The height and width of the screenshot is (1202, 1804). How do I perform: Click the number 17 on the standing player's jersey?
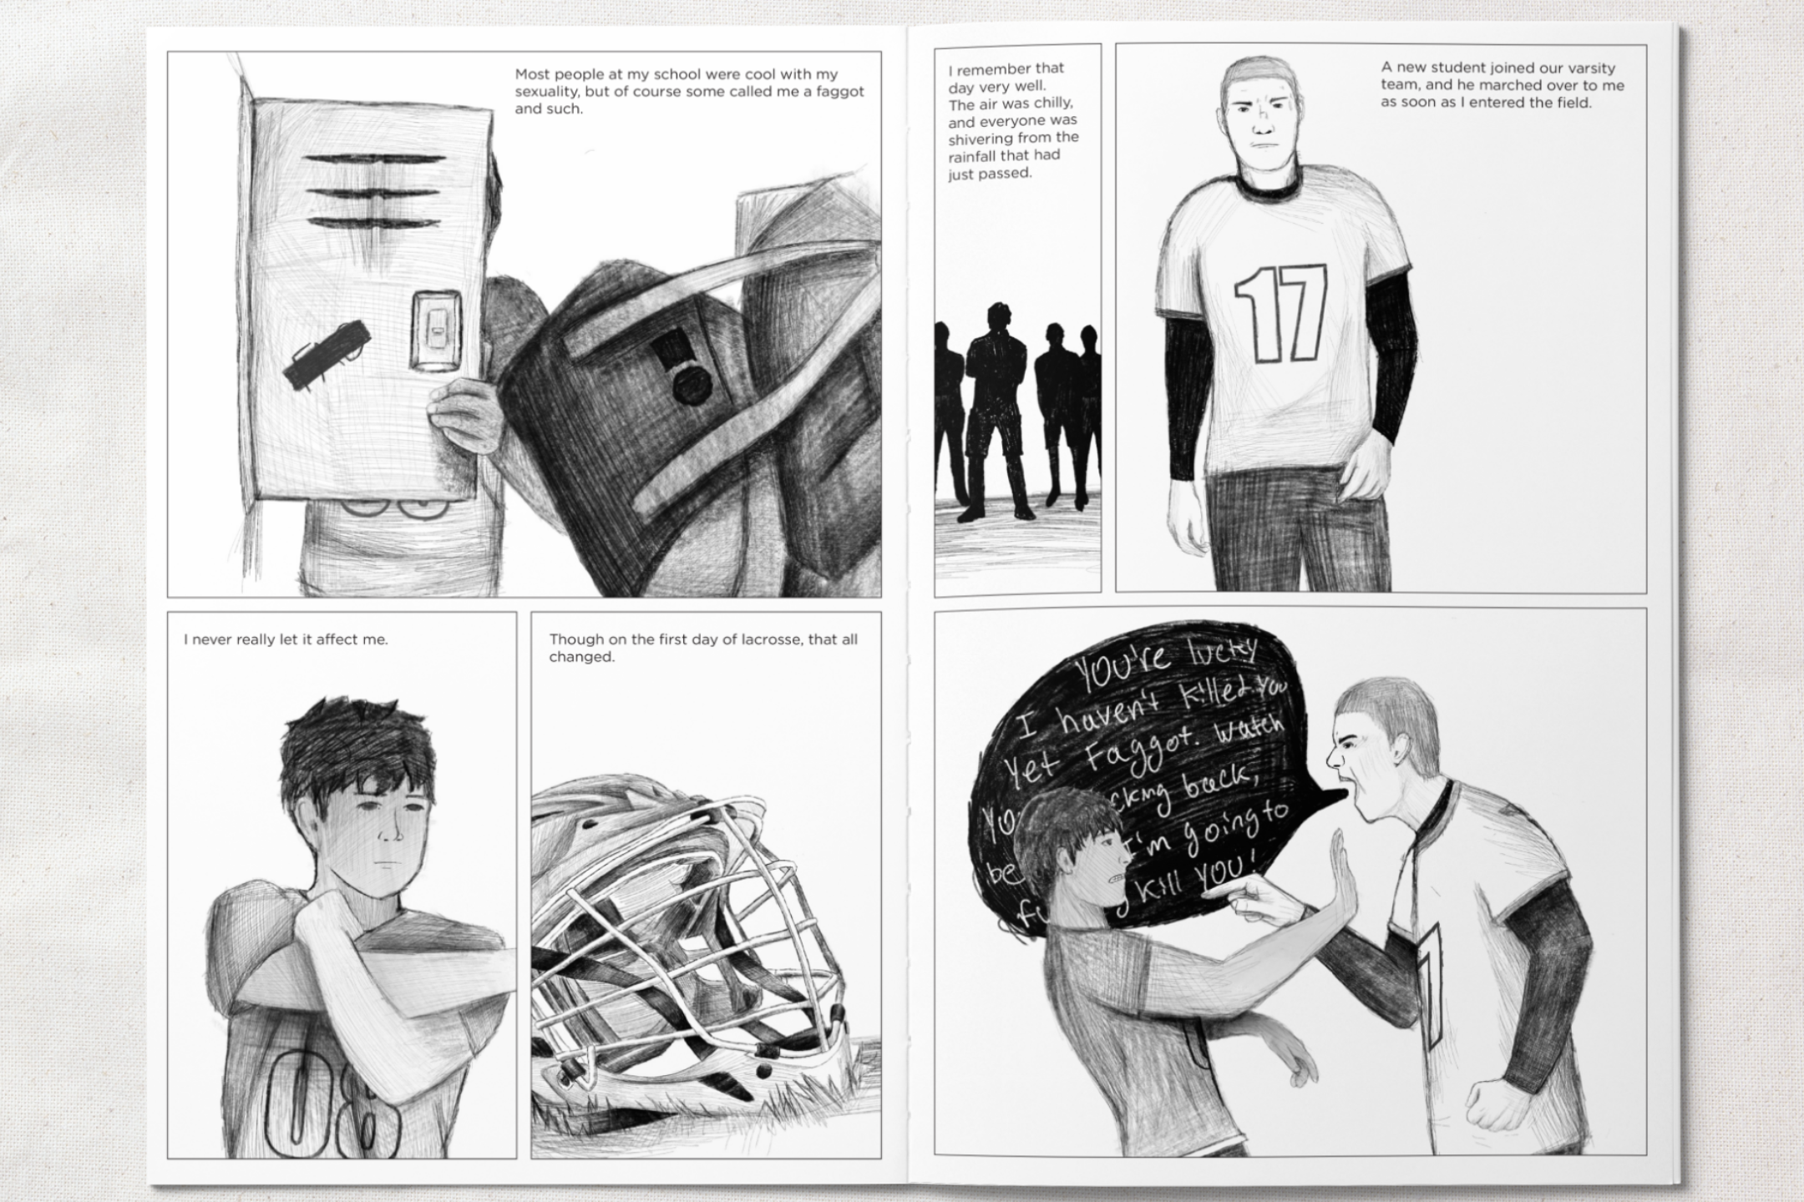1280,313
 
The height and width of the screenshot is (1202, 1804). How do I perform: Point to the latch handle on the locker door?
435,329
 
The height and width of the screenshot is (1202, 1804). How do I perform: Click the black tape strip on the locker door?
327,352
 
